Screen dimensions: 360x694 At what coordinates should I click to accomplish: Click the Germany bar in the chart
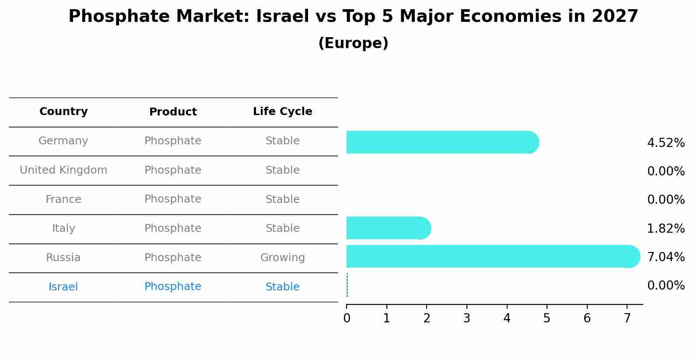pos(442,142)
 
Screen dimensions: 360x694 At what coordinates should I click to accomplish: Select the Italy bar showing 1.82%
pos(388,228)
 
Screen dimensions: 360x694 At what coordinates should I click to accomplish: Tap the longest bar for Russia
pos(492,256)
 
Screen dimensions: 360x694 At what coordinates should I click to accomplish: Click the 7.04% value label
pos(666,257)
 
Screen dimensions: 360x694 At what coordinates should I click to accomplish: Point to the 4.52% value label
pos(666,143)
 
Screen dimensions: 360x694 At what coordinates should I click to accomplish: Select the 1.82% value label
pos(666,228)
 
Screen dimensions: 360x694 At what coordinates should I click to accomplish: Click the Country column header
pos(63,112)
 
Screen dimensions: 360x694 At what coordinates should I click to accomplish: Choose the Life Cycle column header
pos(282,112)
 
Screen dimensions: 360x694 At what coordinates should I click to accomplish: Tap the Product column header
pos(173,112)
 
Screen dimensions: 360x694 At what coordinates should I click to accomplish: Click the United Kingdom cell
pos(63,170)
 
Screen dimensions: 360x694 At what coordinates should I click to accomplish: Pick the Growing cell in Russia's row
pos(282,258)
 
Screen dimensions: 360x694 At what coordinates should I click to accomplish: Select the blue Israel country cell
pos(63,287)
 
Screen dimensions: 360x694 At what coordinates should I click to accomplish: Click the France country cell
pos(63,199)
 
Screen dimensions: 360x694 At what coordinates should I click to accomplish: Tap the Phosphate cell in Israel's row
pos(173,287)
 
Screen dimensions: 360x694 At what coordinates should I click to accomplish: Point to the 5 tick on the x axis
pos(547,318)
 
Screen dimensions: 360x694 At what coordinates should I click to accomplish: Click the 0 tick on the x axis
pos(347,318)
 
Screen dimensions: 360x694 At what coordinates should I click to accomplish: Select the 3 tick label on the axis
pos(466,318)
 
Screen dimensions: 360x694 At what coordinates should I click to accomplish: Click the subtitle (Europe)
pos(353,43)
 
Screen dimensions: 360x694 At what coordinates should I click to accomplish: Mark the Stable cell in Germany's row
pos(282,141)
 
